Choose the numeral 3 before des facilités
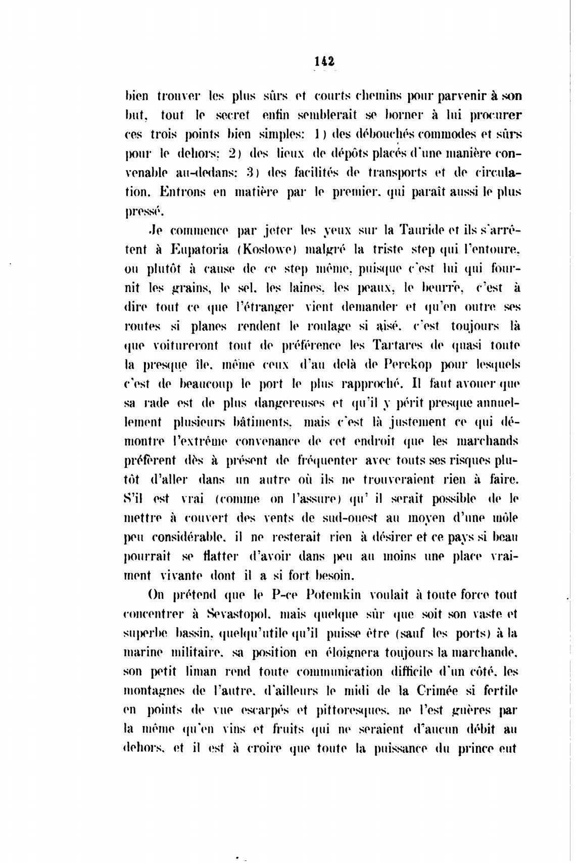250,173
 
